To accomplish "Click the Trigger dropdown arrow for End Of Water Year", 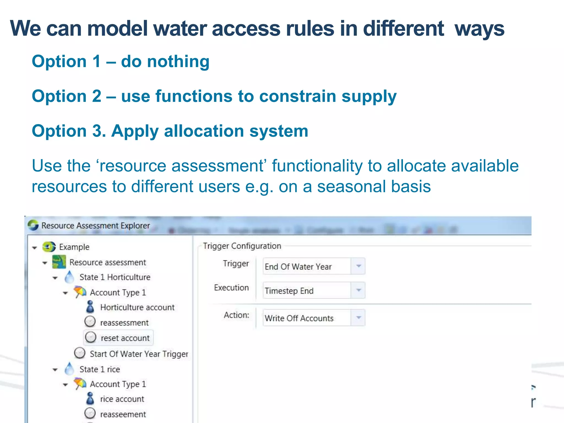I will (358, 266).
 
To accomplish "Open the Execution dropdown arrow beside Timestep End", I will (358, 290).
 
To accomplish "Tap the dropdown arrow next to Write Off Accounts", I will (358, 318).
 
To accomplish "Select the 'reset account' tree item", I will (125, 338).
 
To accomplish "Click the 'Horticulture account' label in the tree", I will (137, 307).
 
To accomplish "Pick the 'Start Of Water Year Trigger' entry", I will (139, 354).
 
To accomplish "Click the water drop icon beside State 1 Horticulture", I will (69, 277).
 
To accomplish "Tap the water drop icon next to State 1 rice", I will (69, 369).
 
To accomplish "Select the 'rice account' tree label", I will (122, 399).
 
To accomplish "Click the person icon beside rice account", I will (90, 398).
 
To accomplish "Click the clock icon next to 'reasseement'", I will (90, 413).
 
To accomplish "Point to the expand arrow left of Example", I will (35, 248).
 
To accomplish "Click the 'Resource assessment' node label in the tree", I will (107, 262).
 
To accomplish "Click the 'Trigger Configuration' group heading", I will (242, 246).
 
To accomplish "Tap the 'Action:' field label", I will (236, 315).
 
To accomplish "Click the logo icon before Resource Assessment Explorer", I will (33, 225).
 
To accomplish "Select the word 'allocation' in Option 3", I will (204, 131).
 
